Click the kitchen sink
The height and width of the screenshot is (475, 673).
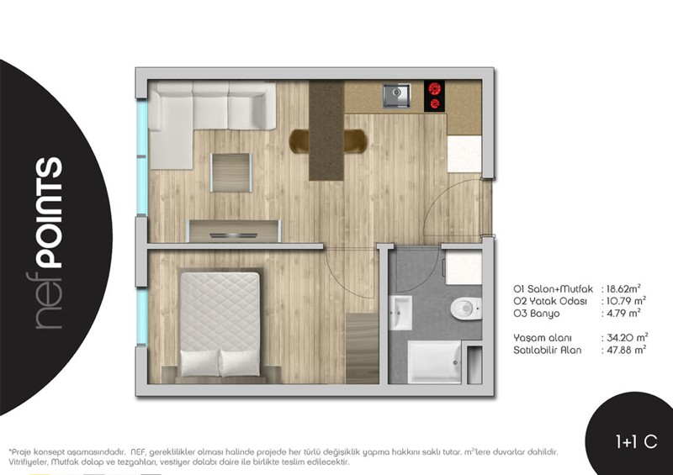pyautogui.click(x=396, y=95)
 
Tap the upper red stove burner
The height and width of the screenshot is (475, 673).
pyautogui.click(x=435, y=89)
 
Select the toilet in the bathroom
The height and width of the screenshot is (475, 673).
pyautogui.click(x=466, y=308)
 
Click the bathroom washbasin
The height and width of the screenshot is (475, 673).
pyautogui.click(x=400, y=313)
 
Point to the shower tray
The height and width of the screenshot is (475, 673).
pyautogui.click(x=434, y=362)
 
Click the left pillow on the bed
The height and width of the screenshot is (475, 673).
pyautogui.click(x=199, y=363)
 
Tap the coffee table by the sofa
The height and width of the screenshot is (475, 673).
pyautogui.click(x=231, y=172)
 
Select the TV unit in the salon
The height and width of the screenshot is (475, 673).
pyautogui.click(x=235, y=231)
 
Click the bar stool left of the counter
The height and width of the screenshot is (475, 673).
pyautogui.click(x=299, y=141)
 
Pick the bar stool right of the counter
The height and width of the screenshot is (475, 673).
pyautogui.click(x=355, y=141)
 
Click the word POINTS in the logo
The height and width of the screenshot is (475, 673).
pyautogui.click(x=49, y=213)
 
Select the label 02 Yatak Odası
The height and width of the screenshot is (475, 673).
pyautogui.click(x=550, y=301)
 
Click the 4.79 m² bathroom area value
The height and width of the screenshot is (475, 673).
pyautogui.click(x=623, y=314)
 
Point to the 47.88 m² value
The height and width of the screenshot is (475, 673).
pyautogui.click(x=626, y=350)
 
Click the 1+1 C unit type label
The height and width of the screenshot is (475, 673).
pyautogui.click(x=636, y=441)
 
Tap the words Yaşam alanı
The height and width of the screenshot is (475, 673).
pyautogui.click(x=543, y=338)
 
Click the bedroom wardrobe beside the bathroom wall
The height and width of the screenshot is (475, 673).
pyautogui.click(x=363, y=348)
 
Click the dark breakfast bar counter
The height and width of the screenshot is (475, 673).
pyautogui.click(x=326, y=130)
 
